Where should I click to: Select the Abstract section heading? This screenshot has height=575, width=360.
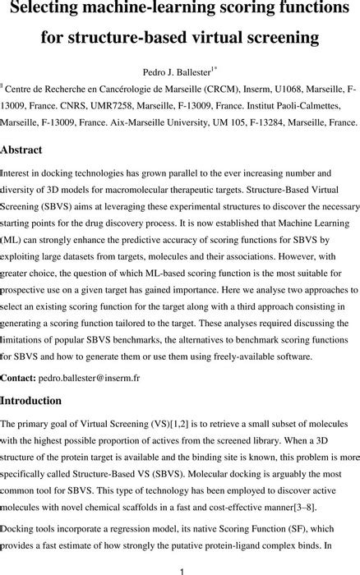[x=27, y=150]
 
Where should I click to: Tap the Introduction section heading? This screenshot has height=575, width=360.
[x=43, y=401]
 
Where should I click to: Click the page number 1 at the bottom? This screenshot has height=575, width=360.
[x=180, y=567]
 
